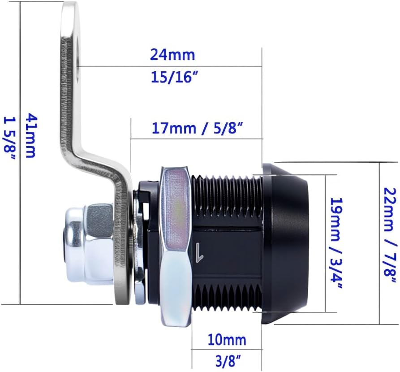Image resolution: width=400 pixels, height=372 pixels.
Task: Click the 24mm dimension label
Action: (x=172, y=55)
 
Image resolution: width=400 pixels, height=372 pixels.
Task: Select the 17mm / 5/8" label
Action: (x=197, y=128)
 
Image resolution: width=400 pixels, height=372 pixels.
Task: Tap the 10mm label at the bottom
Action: (x=227, y=340)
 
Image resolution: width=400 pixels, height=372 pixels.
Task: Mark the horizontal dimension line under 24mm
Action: (x=170, y=66)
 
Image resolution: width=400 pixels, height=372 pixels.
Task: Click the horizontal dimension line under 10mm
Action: (x=227, y=350)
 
